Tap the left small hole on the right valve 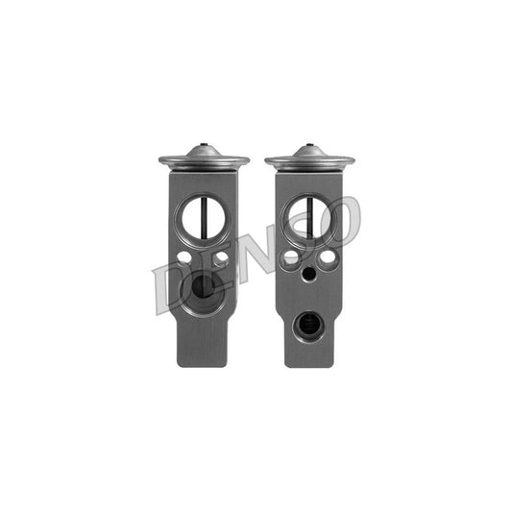tap(291, 257)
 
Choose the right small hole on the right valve tap(328, 257)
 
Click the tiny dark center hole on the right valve tap(309, 275)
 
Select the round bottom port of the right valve tap(309, 327)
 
